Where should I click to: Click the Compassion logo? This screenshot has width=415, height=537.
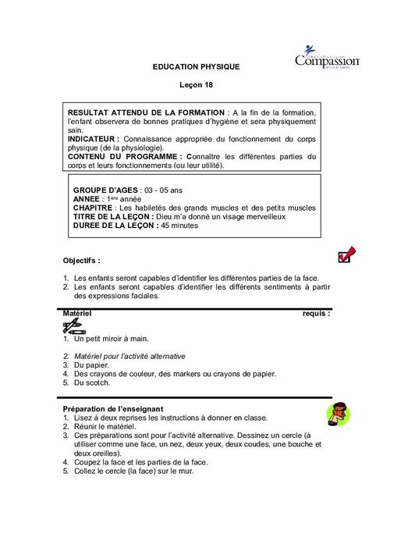(x=327, y=57)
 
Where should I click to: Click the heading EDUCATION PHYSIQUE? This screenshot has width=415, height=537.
(x=196, y=67)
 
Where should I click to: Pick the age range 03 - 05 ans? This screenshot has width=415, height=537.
(x=164, y=190)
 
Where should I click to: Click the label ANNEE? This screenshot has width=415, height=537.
(x=87, y=199)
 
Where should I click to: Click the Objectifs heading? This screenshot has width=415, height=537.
(x=81, y=260)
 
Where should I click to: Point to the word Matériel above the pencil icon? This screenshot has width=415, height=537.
(x=76, y=313)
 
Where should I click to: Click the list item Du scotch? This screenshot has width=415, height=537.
(x=92, y=382)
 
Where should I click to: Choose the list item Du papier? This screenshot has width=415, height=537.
(x=91, y=365)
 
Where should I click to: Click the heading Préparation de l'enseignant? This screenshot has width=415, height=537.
(x=112, y=409)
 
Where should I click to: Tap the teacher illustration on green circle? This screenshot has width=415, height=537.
(x=337, y=415)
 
